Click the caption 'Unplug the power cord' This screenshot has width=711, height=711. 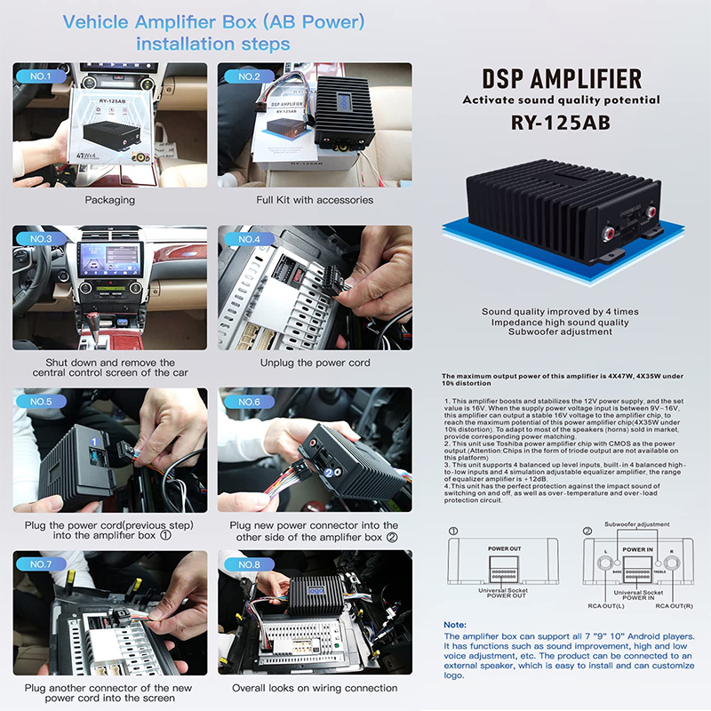[x=315, y=363]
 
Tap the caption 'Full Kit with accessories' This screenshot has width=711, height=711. [x=315, y=200]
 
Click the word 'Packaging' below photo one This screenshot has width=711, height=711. [x=109, y=200]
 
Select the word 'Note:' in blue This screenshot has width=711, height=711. [x=454, y=625]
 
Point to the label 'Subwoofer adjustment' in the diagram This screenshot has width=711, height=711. [x=636, y=524]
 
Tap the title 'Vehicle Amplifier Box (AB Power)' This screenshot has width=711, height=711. [x=212, y=20]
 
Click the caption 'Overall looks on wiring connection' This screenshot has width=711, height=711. [x=315, y=689]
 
